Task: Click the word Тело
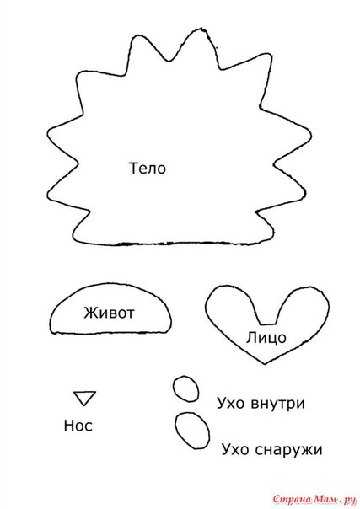(x=148, y=169)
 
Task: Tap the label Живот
(x=109, y=313)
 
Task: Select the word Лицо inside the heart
(x=266, y=338)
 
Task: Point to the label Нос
(x=78, y=426)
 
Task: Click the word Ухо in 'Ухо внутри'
(x=230, y=404)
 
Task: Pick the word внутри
(x=278, y=404)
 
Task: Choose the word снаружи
(x=288, y=450)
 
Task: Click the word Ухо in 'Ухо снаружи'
(x=234, y=450)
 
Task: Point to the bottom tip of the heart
(x=265, y=363)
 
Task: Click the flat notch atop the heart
(x=268, y=324)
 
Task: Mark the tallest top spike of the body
(x=199, y=29)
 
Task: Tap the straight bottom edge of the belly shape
(x=110, y=333)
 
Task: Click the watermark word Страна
(x=292, y=500)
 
